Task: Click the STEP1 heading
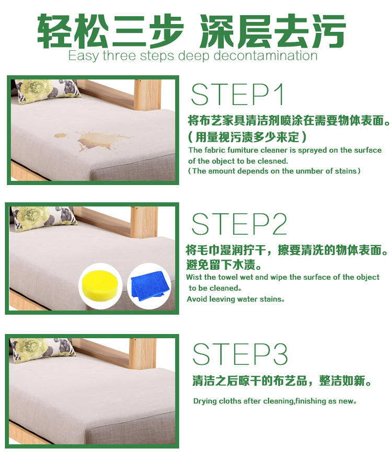tap(237, 94)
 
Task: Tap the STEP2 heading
tap(239, 224)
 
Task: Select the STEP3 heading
tap(240, 354)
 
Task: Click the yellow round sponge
tap(100, 285)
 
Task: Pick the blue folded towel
tap(150, 285)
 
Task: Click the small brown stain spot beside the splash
tap(61, 135)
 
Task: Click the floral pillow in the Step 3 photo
tap(42, 349)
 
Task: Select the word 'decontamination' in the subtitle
tap(265, 55)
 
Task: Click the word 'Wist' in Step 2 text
tap(194, 277)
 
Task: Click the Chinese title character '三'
tap(129, 31)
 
